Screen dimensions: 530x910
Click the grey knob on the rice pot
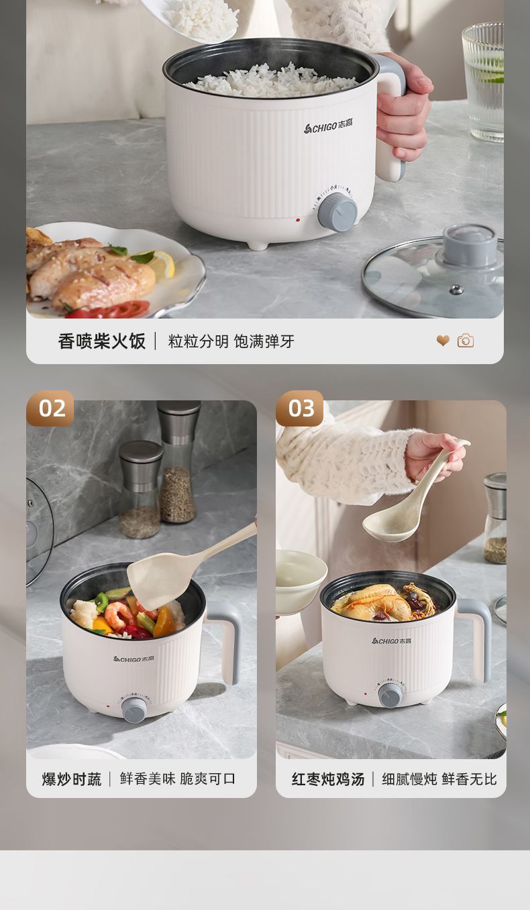337,212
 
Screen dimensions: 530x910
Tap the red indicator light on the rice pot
298,220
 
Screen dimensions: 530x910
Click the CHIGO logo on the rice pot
329,126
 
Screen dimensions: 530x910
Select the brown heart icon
443,341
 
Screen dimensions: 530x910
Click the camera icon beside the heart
466,341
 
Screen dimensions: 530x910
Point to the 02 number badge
50,408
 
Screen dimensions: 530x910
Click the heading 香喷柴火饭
101,341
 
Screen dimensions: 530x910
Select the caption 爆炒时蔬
72,779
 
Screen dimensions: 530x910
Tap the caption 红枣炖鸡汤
327,779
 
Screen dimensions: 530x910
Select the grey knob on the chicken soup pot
390,695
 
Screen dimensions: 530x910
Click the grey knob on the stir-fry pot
135,709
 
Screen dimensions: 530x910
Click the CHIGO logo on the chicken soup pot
391,640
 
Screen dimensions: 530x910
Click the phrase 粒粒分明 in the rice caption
199,341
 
